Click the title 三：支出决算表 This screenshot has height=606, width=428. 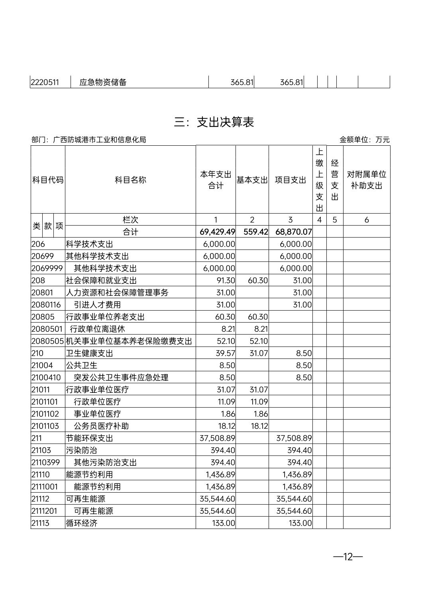point(214,122)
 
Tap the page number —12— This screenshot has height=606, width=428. point(348,557)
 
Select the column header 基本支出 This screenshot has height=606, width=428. point(252,180)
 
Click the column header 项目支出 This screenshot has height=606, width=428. point(291,180)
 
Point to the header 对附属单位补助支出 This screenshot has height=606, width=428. point(366,180)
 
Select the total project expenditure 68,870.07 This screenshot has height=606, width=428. point(294,232)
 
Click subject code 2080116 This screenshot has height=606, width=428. point(46,305)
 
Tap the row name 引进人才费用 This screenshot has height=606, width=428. point(97,305)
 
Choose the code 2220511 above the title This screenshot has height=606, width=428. point(45,83)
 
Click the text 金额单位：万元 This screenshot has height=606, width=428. point(364,140)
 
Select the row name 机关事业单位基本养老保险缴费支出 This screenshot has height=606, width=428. point(129,341)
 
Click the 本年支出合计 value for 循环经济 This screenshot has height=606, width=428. point(224,523)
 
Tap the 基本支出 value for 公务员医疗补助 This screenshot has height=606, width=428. point(259,426)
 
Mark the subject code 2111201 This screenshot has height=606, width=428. point(45,511)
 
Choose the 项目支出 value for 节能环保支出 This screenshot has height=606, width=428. point(294,438)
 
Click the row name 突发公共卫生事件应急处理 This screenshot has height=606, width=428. point(121,378)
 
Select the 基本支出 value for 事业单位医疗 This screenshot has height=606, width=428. point(261,414)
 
